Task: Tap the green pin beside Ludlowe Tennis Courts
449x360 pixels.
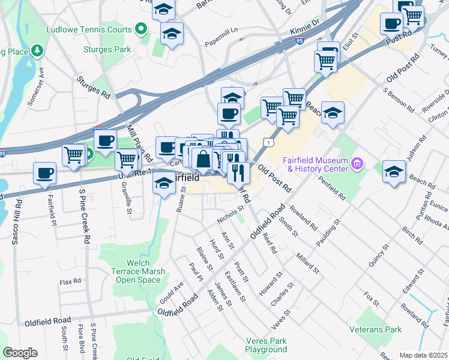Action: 141,28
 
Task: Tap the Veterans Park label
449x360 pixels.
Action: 376,329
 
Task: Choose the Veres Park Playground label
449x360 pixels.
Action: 266,345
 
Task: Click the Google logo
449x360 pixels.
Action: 20,353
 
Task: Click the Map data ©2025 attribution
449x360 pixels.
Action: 423,355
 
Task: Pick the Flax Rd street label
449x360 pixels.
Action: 70,281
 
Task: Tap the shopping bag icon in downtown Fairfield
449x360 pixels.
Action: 203,160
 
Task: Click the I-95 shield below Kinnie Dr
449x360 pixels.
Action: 300,40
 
